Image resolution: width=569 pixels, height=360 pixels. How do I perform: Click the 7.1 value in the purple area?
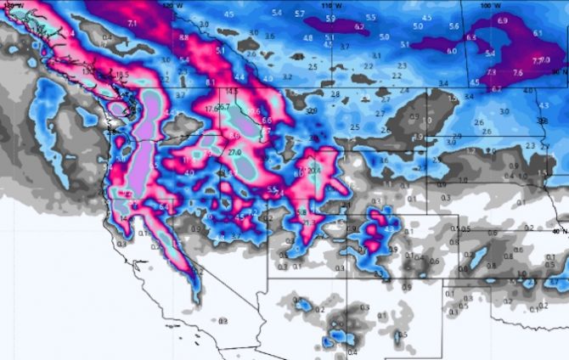132,23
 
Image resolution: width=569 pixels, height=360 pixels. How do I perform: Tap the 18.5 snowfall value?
122,75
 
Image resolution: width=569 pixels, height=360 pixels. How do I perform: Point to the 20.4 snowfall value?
314,170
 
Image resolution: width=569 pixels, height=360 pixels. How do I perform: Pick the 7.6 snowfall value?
517,74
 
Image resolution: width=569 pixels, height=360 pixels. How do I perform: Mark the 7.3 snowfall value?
492,73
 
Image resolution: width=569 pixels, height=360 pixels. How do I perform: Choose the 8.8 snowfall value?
184,38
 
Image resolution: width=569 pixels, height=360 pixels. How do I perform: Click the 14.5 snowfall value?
232,90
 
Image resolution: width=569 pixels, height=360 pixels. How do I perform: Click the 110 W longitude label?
336,5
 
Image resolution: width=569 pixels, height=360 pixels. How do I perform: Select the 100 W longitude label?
485,5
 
